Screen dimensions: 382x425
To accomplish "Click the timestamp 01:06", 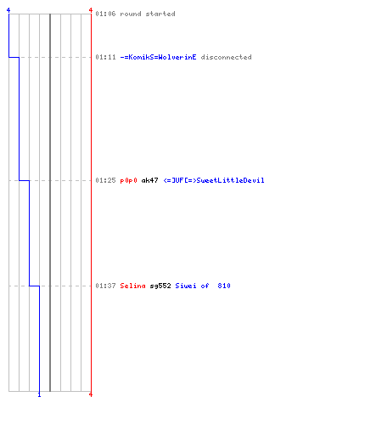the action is coord(105,14).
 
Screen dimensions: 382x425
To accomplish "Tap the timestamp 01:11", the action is coord(105,57).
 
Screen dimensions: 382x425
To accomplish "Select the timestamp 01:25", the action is coord(105,180).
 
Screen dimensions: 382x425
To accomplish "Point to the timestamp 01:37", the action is coord(105,286).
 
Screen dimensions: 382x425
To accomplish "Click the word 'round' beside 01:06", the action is coord(131,14).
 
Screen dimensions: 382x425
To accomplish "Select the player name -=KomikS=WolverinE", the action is coord(158,57).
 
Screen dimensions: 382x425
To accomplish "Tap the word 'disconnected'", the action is coord(226,57).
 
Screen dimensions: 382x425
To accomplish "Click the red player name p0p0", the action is coord(128,181).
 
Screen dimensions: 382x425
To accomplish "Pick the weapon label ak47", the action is coord(149,180).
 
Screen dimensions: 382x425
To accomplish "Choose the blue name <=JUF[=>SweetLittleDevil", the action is coord(214,180).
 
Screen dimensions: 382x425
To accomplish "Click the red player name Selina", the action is coord(132,286).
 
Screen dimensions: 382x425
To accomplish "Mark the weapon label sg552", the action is coord(160,286).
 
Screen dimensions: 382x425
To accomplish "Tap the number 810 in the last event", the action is coord(224,286).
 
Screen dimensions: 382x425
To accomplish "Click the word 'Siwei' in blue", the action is coord(186,286).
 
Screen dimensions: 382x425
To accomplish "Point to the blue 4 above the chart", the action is coord(8,10).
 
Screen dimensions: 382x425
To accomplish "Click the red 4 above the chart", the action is coord(91,10).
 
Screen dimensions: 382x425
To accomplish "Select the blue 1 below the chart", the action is coord(39,394).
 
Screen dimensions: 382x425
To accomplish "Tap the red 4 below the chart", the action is coord(91,394).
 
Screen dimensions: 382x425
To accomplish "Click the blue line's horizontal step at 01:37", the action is coord(34,286).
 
